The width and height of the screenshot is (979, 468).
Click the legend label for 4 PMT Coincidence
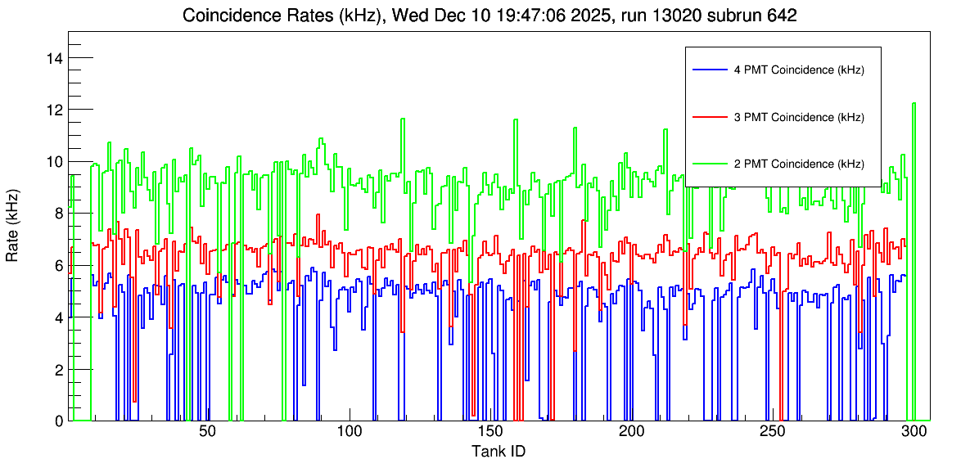(799, 70)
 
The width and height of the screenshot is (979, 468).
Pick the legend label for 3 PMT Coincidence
(799, 117)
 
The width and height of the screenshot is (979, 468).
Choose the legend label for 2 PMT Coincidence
(799, 164)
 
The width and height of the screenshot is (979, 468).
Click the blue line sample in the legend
(709, 70)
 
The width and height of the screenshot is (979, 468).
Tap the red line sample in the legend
(709, 117)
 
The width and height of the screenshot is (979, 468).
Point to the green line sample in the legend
(709, 164)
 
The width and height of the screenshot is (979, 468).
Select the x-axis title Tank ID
(498, 451)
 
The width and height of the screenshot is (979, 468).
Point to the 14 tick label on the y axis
(56, 58)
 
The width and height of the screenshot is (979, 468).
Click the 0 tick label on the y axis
(59, 421)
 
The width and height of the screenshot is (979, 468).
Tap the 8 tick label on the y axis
(59, 214)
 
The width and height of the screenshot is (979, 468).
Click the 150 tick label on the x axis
(489, 432)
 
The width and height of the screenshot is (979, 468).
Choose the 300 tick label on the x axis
(914, 432)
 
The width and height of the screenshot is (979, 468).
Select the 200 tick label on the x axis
(631, 432)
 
